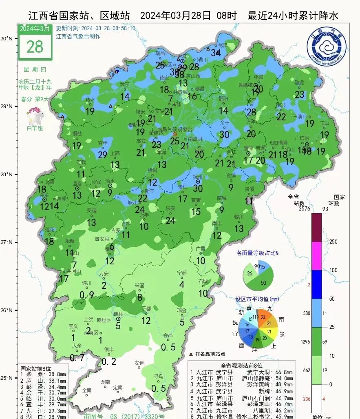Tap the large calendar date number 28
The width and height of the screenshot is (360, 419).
tap(35, 47)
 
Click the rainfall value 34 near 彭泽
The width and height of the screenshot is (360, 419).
tap(216, 53)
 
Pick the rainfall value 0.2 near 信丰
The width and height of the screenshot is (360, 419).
tap(109, 361)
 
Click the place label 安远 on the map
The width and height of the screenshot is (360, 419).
tap(139, 363)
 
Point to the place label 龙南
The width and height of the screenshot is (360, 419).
tap(105, 382)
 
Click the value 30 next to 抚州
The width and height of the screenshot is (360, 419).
tap(198, 188)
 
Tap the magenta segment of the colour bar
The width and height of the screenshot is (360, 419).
tap(317, 256)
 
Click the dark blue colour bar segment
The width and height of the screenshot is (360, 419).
tap(317, 284)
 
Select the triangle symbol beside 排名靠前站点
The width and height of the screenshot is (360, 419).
tap(191, 354)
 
